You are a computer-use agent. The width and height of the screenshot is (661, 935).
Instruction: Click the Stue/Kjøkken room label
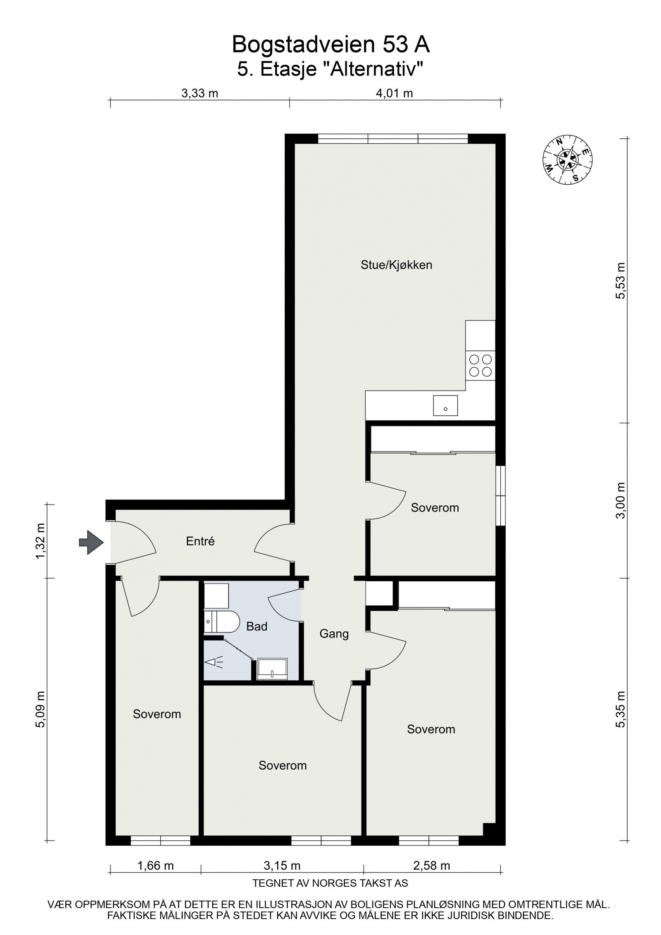396,265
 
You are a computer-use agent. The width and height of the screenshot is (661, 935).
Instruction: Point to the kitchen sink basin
445,405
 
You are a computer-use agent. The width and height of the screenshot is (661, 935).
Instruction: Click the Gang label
334,633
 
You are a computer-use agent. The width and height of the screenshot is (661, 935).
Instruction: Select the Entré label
200,541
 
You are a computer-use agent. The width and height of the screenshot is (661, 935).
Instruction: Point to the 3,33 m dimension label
200,93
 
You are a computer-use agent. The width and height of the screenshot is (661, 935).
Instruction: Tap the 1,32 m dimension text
40,541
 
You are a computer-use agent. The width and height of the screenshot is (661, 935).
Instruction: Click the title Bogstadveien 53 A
330,45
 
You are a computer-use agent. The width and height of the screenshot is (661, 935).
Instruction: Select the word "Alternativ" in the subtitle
373,69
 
